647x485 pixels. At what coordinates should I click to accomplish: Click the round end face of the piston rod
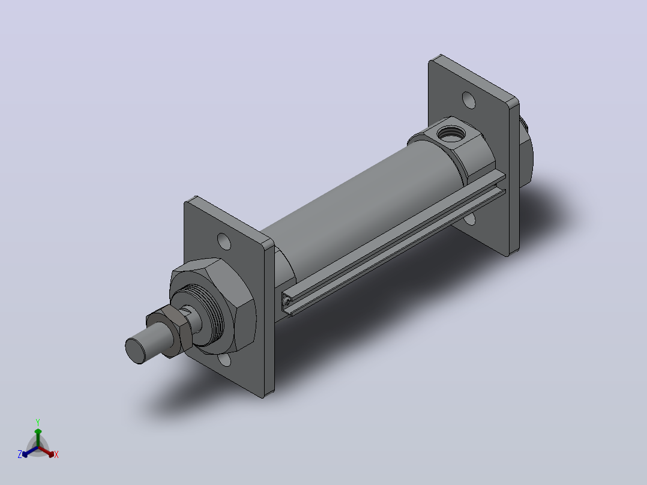pos(136,351)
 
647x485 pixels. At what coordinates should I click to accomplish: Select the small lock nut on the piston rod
pos(170,330)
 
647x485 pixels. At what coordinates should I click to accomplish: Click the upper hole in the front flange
pos(224,241)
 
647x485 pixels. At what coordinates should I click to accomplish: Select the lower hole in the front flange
pos(225,360)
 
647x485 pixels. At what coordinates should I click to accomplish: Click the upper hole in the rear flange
pos(469,100)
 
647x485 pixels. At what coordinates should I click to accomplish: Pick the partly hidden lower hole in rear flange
pos(469,220)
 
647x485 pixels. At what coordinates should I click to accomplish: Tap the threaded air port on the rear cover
pos(451,133)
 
